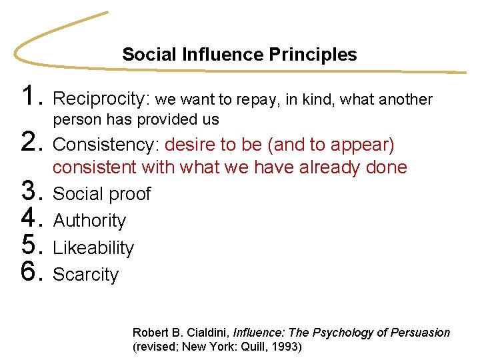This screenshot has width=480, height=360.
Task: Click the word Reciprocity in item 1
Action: pos(101,99)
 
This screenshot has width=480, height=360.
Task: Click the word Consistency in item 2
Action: pos(105,145)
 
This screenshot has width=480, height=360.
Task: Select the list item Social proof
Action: pos(102,194)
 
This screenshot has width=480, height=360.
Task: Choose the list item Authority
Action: pos(89,221)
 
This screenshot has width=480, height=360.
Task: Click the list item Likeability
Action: pos(93,248)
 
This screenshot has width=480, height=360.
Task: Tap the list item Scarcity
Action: pos(85,275)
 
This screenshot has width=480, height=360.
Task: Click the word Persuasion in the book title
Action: pos(420,332)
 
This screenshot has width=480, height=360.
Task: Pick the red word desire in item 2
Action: pos(187,145)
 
